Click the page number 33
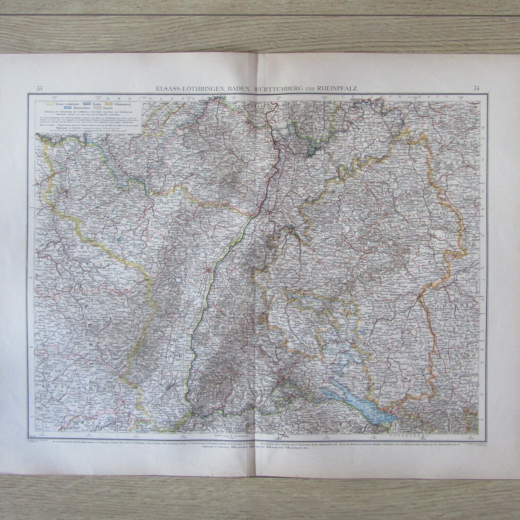39,88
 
